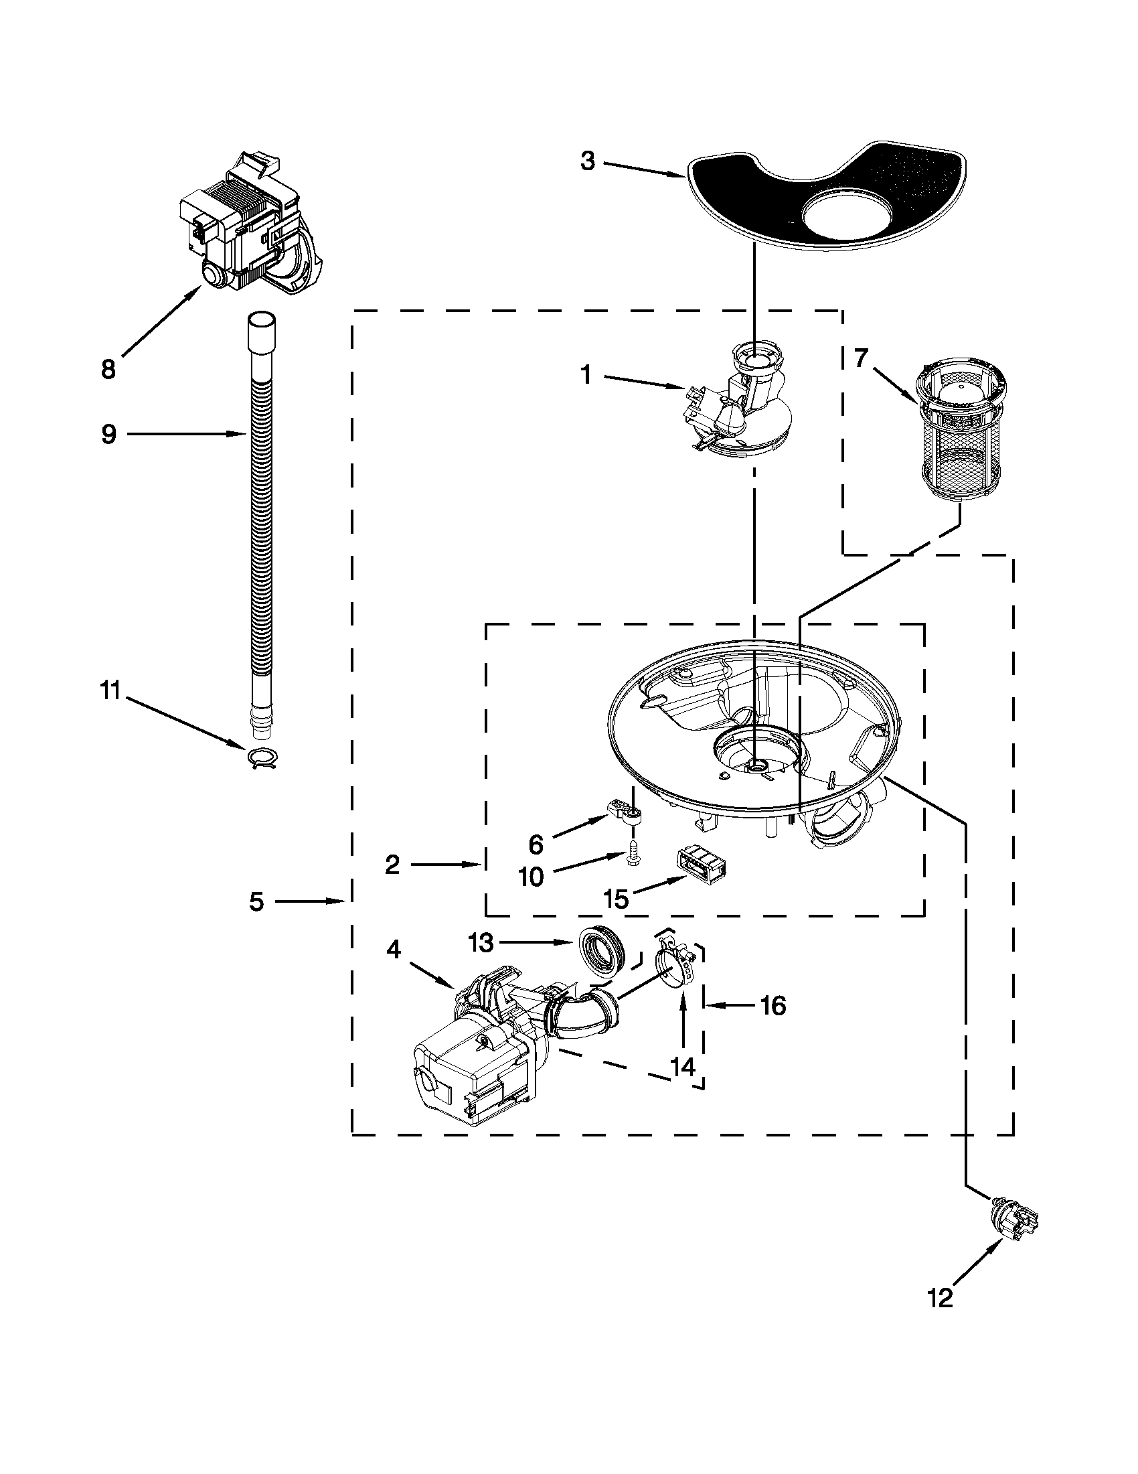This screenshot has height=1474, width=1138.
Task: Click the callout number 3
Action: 588,162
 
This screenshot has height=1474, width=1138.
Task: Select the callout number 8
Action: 108,369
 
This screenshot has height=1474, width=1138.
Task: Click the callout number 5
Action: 256,901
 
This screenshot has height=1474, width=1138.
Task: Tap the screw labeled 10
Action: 633,853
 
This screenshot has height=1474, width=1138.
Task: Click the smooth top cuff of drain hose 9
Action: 261,329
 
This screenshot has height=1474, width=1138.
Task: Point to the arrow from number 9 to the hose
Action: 185,435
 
